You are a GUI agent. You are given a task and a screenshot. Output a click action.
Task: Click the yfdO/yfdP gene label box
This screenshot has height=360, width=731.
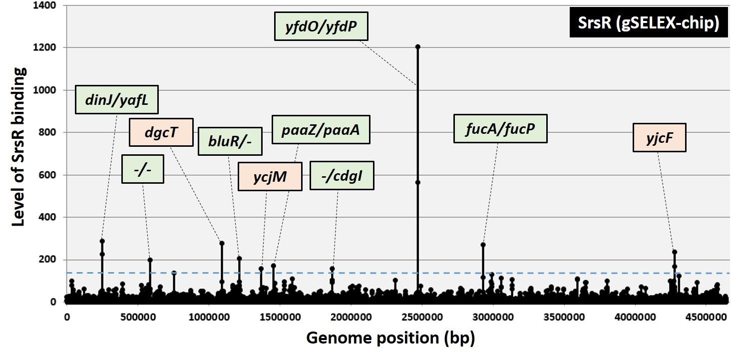321,26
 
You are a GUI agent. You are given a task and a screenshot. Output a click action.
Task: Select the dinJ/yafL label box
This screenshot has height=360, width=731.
116,99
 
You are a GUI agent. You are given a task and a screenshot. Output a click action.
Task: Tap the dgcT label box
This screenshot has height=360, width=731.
161,132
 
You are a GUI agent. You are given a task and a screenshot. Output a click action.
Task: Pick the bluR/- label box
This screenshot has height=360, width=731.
230,141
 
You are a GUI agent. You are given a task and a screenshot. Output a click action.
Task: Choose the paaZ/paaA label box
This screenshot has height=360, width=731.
321,130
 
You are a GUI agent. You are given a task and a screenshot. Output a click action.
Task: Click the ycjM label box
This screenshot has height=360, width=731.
270,176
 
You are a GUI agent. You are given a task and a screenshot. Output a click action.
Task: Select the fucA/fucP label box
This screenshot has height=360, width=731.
500,128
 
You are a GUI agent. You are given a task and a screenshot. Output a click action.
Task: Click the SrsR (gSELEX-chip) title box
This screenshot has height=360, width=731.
649,23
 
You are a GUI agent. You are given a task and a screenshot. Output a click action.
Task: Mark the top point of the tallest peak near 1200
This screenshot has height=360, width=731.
417,47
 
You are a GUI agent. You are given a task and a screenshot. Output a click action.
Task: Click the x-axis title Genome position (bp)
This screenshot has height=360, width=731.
390,338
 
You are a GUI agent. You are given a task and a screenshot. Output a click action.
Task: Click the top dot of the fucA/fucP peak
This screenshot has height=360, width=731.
483,245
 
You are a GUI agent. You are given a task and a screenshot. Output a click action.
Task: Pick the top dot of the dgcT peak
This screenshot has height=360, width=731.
222,243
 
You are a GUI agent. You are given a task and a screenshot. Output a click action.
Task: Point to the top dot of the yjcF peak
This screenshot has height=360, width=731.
674,252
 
